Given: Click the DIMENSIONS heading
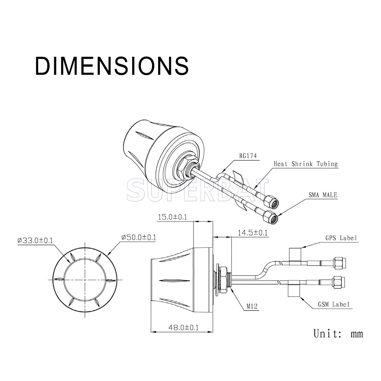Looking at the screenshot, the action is [112, 66].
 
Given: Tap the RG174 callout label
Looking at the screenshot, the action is [248, 156].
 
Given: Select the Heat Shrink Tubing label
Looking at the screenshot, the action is [306, 164].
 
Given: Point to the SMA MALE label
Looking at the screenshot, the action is [323, 195].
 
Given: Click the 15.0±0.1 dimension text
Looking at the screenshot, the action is [173, 217].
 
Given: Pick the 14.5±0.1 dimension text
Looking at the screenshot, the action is [253, 233].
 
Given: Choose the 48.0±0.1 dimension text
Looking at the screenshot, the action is [184, 328].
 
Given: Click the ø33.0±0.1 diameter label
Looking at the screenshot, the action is [35, 240].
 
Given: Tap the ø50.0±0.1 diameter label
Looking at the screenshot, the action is [139, 237].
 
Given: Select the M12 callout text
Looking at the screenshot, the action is [252, 306].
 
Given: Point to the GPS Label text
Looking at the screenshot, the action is [341, 238].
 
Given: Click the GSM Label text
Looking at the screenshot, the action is [334, 304].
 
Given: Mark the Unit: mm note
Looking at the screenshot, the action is [338, 333].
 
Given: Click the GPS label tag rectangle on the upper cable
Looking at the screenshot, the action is [295, 256].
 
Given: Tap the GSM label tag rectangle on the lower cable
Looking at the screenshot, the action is [294, 289].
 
